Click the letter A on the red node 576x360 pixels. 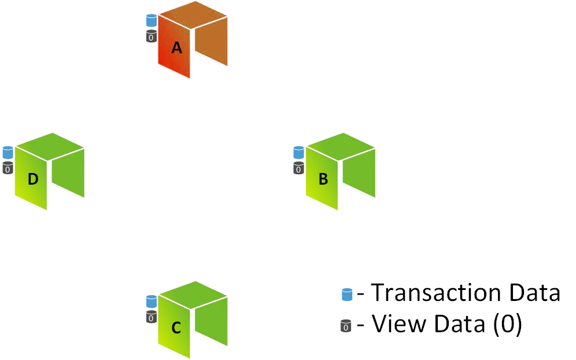pos(177,48)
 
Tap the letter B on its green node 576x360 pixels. pos(323,179)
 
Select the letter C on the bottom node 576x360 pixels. pos(176,328)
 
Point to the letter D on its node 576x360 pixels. pos(33,179)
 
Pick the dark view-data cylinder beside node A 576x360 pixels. pos(152,36)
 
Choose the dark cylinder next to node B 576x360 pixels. pos(298,168)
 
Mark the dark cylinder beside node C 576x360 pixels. pos(152,317)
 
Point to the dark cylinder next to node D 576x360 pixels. pos(8,168)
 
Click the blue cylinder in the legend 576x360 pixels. pos(347,295)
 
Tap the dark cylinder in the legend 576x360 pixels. pos(346,327)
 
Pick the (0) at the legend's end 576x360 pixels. pos(507,325)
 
